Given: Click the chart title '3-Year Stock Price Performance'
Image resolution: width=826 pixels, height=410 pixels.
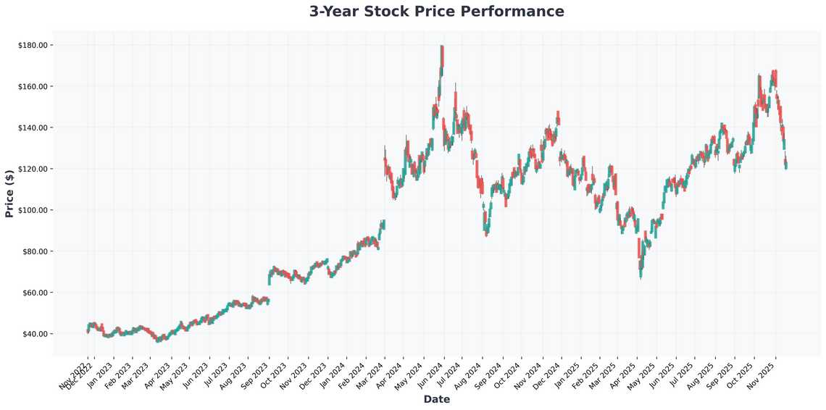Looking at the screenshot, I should tap(436, 12).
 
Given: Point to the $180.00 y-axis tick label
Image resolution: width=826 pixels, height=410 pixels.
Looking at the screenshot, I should tap(33, 45).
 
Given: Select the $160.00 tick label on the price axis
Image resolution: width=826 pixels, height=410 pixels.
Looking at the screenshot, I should tap(33, 86).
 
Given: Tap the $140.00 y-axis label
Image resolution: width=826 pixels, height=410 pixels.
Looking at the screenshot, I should tap(33, 127).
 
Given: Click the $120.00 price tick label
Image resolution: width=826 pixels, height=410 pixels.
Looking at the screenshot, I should tap(33, 169).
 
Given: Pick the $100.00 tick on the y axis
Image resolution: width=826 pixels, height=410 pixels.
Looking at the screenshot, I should tap(33, 210).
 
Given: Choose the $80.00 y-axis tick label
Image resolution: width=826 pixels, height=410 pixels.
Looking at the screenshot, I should tap(34, 251).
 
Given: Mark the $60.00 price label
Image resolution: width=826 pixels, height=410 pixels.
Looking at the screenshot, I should tap(34, 293).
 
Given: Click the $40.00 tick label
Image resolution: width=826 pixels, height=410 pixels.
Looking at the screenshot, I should tap(34, 334).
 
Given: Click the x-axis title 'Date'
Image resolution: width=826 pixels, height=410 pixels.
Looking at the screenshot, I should tap(436, 399).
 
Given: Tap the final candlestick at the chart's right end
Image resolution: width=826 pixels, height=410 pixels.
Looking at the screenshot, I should tap(786, 164).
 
